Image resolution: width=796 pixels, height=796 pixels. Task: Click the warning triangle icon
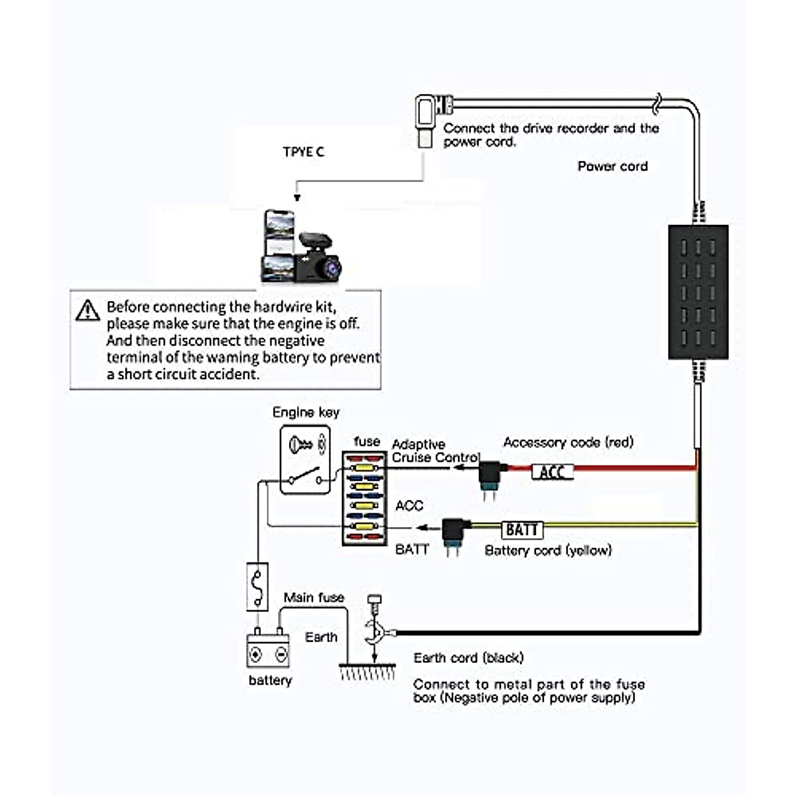click(88, 310)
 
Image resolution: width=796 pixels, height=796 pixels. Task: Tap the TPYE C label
click(303, 152)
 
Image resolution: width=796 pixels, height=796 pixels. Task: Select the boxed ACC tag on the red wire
click(552, 472)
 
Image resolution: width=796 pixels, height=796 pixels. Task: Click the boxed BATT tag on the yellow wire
click(522, 529)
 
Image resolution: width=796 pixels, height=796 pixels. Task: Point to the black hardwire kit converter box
click(698, 292)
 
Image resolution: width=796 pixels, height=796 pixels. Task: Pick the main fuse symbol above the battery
click(257, 586)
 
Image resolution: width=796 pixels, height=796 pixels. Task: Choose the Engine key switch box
click(305, 460)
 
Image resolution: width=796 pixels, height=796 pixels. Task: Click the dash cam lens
click(329, 267)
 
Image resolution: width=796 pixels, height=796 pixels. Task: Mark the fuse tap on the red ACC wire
click(491, 476)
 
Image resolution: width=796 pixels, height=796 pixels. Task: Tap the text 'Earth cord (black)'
click(468, 657)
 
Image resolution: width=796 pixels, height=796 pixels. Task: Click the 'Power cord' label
click(612, 166)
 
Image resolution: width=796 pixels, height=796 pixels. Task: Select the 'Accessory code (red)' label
click(568, 442)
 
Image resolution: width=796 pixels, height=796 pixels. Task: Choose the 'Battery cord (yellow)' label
click(548, 550)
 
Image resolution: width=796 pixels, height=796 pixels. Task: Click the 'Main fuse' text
click(314, 598)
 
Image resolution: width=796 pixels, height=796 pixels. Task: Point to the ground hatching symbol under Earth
click(367, 671)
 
